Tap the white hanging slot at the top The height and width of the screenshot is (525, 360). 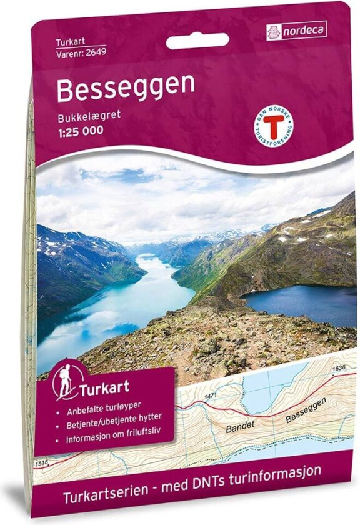coord(197,42)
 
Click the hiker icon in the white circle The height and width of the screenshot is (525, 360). coord(65,381)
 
